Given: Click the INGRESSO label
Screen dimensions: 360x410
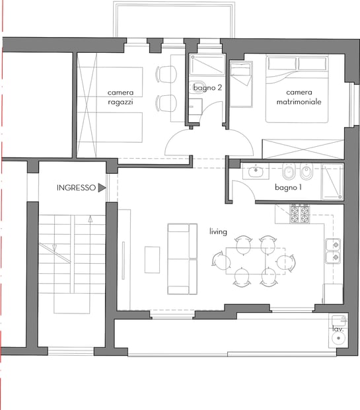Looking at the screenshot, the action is point(76,188).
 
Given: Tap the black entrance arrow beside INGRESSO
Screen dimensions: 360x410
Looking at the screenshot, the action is point(102,188).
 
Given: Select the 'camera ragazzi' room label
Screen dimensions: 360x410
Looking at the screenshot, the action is point(120,97).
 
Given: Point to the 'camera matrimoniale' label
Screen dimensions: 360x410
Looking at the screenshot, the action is point(299,97).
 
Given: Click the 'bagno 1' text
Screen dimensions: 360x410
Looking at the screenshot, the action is point(288,187).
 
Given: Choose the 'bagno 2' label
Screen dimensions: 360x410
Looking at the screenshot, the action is point(207,87).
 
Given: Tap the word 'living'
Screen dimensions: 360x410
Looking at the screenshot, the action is point(218,231).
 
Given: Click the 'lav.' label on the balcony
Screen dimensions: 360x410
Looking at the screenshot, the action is point(338,329).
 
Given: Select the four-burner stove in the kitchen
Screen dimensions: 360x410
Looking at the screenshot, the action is point(300,214).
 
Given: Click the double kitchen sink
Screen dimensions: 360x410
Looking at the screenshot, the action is point(333,251).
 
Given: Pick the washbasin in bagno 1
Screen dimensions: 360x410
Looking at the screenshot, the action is point(256,171).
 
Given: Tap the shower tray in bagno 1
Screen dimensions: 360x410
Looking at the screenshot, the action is point(333,182).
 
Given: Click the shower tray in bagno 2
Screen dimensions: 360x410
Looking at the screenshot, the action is point(207,64).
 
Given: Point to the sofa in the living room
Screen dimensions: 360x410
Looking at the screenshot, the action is point(182,259).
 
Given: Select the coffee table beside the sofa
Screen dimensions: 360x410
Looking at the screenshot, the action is point(153,260).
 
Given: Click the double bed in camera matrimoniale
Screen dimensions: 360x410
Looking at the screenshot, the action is point(297,89).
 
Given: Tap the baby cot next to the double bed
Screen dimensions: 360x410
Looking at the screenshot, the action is point(241,84).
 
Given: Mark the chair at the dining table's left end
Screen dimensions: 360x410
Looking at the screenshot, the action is point(221,261).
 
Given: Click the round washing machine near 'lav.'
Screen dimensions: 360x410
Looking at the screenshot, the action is point(339,338).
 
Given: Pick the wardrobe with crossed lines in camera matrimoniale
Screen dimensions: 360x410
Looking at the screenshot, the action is point(303,149).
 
